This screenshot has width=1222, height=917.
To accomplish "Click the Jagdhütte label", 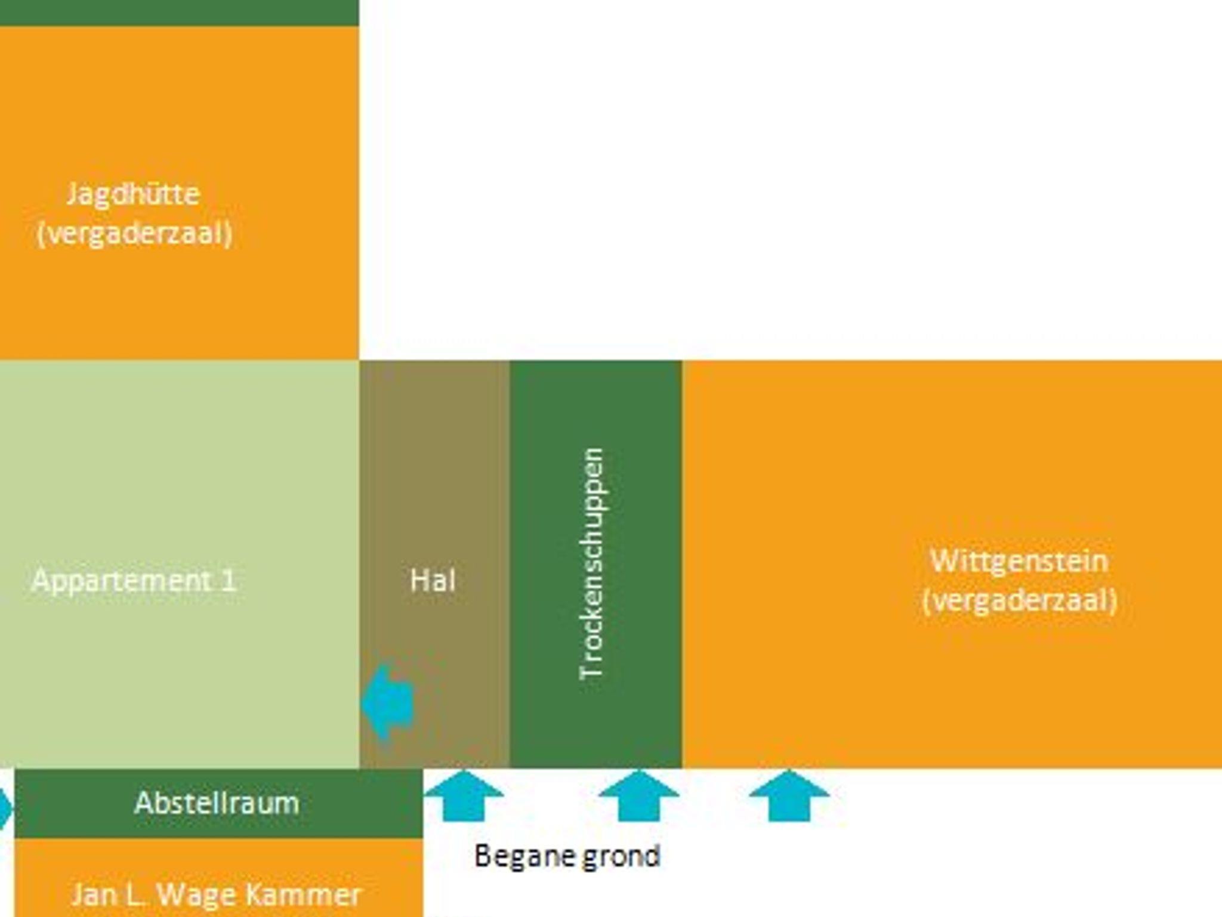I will (x=133, y=194).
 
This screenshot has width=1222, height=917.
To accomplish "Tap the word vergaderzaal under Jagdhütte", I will (x=134, y=233).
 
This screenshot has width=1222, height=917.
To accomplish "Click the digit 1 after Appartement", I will (x=227, y=580).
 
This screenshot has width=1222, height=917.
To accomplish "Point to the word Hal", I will (x=433, y=580).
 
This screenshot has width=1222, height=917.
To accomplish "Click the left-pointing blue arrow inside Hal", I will (x=387, y=702).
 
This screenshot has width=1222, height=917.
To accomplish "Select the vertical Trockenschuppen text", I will (x=593, y=563).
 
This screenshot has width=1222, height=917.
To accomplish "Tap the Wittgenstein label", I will (x=1019, y=561).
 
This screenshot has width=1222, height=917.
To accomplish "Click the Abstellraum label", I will (x=217, y=803).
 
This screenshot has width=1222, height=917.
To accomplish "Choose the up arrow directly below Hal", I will (x=464, y=795).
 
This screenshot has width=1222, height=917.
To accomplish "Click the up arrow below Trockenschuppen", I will (x=638, y=795).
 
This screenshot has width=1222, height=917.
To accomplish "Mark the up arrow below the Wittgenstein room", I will (x=789, y=795).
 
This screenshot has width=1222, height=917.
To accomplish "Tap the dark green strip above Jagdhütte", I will (x=179, y=12).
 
